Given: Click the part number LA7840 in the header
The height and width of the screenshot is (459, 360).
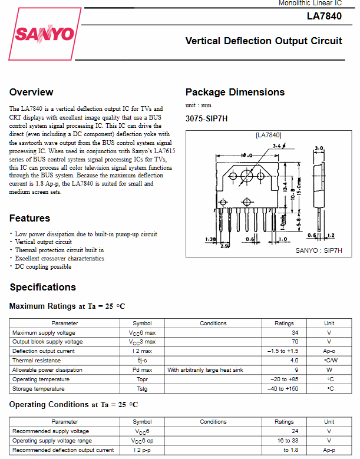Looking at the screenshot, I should (x=323, y=16).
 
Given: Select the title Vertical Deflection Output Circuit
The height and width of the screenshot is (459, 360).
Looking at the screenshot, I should (x=263, y=41).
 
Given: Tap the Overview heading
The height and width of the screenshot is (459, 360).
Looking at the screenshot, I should (x=31, y=92).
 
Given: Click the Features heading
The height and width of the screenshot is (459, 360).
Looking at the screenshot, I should (x=30, y=218).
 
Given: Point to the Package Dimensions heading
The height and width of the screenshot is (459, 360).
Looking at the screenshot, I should (x=235, y=92).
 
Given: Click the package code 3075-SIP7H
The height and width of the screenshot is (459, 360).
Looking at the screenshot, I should (x=206, y=118).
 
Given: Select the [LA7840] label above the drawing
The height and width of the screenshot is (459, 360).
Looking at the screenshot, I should (x=268, y=135).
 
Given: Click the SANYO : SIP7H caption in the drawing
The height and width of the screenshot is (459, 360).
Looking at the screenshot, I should (x=318, y=250).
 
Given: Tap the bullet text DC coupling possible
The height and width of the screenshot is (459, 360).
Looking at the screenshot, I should (x=43, y=266).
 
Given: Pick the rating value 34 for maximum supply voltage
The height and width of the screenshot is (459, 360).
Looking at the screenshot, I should (x=295, y=332).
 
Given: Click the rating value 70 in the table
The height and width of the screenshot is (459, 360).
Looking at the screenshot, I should (x=295, y=342).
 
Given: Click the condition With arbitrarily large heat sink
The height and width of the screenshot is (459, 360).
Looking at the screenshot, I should (x=206, y=370).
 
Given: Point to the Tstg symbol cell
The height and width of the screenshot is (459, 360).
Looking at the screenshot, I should (x=141, y=389).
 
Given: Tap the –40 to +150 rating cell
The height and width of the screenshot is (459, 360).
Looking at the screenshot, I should (x=283, y=389).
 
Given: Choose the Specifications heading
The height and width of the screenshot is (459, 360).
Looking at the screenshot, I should (x=43, y=287).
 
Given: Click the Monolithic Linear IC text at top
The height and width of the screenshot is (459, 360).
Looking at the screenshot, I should (x=310, y=4).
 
